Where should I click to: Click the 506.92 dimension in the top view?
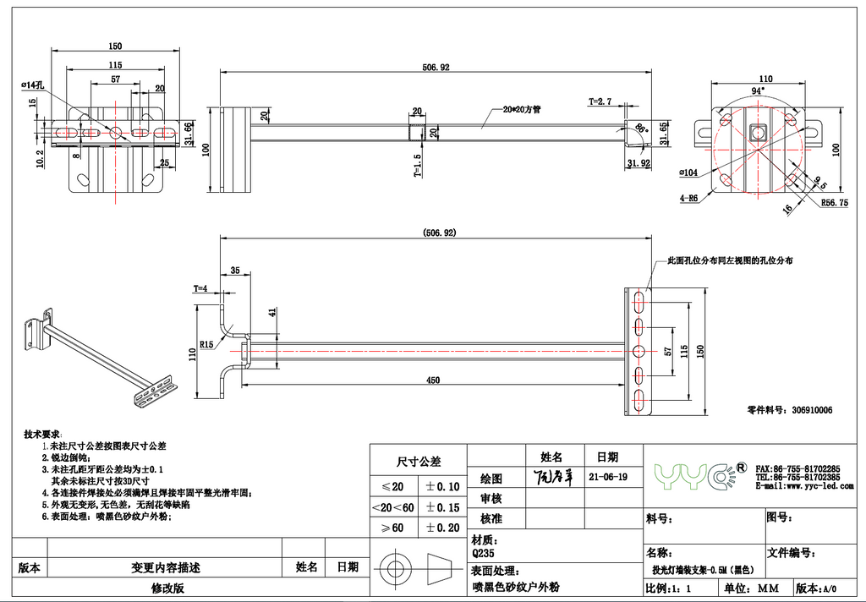(436, 67)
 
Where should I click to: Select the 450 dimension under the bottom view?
(432, 380)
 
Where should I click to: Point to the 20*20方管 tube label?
(521, 109)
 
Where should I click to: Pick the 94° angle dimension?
(758, 90)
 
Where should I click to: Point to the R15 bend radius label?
(206, 344)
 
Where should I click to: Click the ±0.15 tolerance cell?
(441, 507)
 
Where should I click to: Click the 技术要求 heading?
(41, 433)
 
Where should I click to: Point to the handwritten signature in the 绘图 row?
(555, 477)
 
